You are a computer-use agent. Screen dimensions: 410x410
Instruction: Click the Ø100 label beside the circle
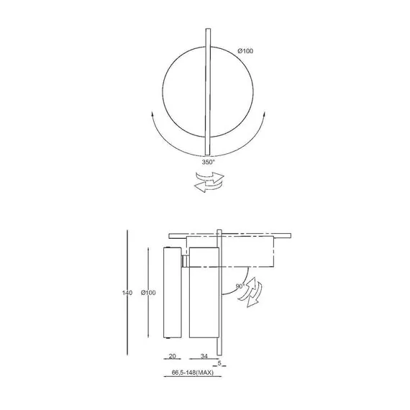point(245,51)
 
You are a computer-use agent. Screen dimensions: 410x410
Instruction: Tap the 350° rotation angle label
point(208,162)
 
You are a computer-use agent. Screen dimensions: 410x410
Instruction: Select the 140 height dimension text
point(127,293)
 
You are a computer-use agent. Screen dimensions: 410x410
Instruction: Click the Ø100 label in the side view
point(148,293)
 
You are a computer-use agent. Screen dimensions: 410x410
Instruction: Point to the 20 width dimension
point(173,356)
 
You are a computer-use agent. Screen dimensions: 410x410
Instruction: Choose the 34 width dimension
point(204,356)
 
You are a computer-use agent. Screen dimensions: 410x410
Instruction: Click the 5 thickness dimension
point(219,363)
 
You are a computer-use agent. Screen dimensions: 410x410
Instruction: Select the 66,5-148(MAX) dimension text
point(193,373)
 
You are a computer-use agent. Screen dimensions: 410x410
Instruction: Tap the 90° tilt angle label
point(240,286)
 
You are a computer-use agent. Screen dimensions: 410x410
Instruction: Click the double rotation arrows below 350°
point(209,182)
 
